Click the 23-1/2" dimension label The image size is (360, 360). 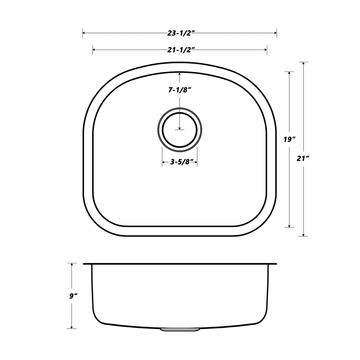tap(180, 33)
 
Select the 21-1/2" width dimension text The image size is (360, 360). tap(180, 50)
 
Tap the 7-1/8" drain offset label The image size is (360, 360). tap(180, 90)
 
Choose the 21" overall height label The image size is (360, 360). tap(303, 159)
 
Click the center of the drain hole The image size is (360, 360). tap(180, 130)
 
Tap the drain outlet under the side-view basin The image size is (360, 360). tap(180, 330)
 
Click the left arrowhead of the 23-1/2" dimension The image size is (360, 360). tap(84, 33)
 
